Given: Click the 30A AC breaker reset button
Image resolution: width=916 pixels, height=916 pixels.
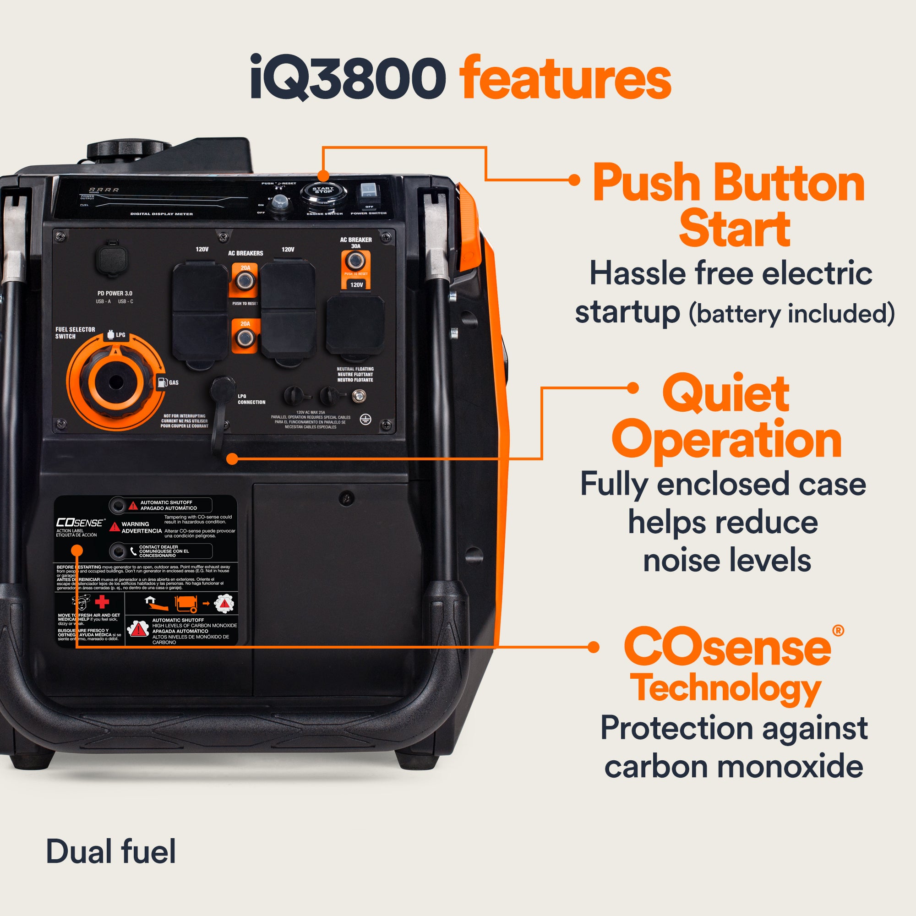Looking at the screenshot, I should click(355, 261).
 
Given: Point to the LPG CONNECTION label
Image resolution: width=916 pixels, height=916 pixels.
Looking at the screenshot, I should click(251, 399).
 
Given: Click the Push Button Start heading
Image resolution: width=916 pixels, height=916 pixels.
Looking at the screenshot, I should click(729, 205).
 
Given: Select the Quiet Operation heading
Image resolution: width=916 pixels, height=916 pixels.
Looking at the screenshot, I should click(726, 416).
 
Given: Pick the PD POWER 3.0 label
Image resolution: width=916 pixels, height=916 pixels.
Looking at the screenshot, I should click(115, 294).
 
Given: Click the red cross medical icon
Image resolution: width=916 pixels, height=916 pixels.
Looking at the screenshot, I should click(102, 602).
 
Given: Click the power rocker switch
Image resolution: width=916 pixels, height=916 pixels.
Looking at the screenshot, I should click(368, 192).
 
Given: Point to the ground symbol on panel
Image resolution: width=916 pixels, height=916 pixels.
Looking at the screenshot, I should click(365, 419).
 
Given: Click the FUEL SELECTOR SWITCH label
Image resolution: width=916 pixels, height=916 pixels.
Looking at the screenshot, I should click(75, 333).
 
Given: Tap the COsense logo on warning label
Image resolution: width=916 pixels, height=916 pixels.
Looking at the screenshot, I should click(79, 523).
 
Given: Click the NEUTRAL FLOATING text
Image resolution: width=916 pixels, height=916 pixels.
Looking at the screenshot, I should click(355, 374).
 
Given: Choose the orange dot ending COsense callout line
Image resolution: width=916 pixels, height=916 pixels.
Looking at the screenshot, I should click(594, 647).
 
